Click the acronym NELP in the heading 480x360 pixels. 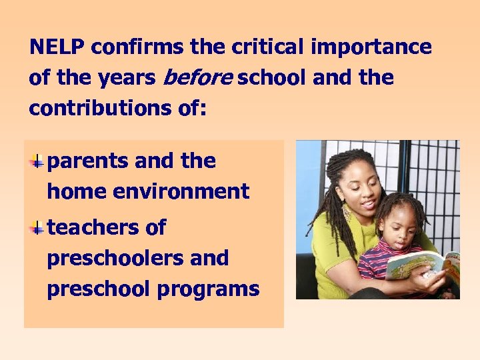tap(58, 47)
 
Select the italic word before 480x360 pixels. tap(197, 78)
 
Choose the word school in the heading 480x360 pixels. tap(273, 78)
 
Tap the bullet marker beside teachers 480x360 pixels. tap(39, 227)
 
